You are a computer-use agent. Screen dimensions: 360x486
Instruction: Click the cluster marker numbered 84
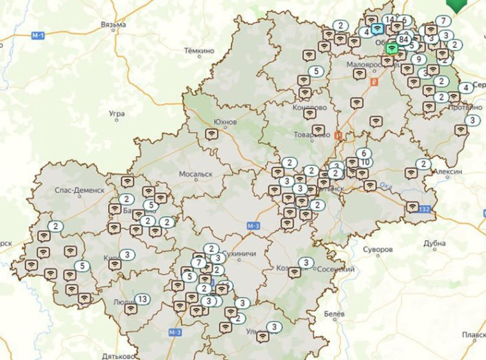click(403, 39)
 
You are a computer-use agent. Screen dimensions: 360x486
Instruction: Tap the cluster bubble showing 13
click(142, 299)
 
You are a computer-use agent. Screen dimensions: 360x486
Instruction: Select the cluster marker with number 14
click(389, 20)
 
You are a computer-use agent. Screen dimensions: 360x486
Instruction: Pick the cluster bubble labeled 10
click(366, 162)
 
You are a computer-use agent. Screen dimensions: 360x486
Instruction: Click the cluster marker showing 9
click(419, 59)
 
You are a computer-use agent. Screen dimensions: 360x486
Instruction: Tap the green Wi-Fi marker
click(392, 48)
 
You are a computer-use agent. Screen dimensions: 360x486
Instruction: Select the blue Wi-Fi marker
click(377, 29)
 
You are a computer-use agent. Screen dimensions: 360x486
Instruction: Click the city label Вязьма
click(113, 25)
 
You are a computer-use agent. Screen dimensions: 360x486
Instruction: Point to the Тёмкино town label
click(199, 50)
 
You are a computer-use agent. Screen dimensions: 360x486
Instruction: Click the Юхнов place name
click(224, 121)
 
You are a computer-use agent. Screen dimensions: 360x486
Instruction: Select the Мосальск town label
click(196, 174)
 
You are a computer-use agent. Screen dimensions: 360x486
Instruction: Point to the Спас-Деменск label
click(79, 191)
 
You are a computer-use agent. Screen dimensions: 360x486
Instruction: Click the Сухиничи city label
click(242, 253)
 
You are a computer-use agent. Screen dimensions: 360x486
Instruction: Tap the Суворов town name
click(377, 249)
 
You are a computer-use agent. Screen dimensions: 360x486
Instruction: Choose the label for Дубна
click(434, 244)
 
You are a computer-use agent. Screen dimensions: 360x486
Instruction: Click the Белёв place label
click(334, 315)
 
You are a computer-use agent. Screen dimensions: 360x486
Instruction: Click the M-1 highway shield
click(37, 36)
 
